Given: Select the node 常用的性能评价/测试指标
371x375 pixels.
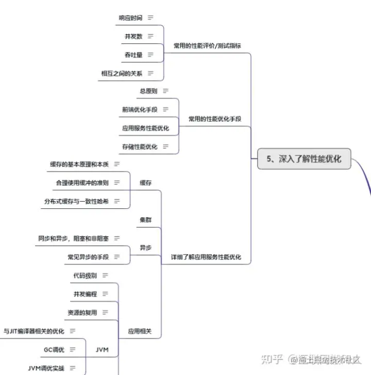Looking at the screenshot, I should pos(208,45).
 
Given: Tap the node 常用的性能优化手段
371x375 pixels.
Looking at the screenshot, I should pos(214,119).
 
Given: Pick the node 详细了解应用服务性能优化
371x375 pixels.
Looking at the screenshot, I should pos(206,257).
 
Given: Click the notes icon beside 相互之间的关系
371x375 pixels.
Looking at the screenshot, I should pos(150,73).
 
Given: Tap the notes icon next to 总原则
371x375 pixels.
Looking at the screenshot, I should pos(165,91).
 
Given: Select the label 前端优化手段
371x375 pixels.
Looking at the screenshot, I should pos(140,109).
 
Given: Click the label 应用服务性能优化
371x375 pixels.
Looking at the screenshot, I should pos(145,128).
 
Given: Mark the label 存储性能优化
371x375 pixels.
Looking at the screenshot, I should pos(140,146).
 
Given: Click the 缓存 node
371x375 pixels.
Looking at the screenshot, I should pos(146,183).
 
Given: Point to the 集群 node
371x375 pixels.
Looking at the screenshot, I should pos(146,220).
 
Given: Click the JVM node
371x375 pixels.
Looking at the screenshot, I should pos(102,350).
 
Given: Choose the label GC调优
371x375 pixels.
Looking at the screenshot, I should pos(54,350).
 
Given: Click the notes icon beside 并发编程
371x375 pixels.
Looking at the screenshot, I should pos(105,294).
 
